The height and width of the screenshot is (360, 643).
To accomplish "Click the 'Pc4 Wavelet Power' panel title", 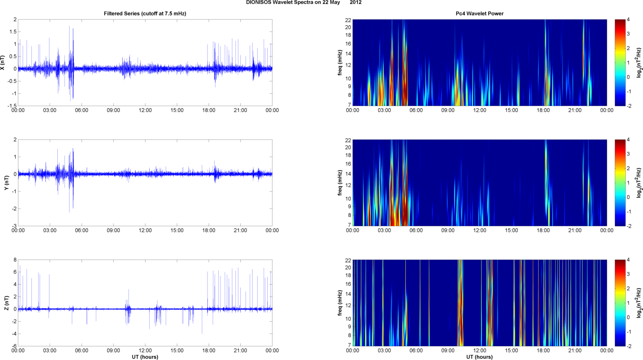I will click(479, 13).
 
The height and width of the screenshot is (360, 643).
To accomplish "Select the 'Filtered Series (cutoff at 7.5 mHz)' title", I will click(145, 13).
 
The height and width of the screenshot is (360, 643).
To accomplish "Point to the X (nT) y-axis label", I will click(3, 63).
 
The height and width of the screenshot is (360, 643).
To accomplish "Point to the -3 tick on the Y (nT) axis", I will click(14, 226).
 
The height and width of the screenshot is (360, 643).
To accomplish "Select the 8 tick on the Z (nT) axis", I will click(15, 260).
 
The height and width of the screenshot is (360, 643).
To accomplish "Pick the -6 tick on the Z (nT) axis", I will click(14, 346).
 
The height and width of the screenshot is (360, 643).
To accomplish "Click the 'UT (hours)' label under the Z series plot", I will click(145, 357).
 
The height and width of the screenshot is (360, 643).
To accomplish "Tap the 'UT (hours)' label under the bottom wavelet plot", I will click(479, 357).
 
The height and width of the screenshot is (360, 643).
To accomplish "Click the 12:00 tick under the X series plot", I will click(145, 110).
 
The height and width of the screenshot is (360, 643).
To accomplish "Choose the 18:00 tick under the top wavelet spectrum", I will click(543, 110).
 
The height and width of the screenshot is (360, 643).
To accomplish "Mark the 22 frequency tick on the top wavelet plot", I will click(348, 20).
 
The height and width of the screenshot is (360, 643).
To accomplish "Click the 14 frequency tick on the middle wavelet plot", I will click(348, 174).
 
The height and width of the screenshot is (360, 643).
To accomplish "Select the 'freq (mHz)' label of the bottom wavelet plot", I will click(340, 303).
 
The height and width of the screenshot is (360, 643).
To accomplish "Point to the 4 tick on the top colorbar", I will click(628, 20).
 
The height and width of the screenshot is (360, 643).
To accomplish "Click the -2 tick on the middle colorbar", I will click(629, 226).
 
